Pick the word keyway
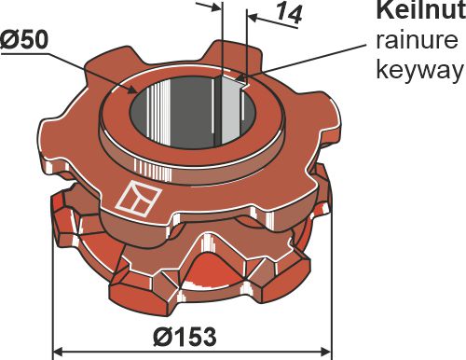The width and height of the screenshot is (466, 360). click(x=417, y=70)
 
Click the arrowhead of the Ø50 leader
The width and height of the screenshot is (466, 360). click(x=130, y=91)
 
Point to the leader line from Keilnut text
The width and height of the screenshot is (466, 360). click(x=308, y=58)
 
